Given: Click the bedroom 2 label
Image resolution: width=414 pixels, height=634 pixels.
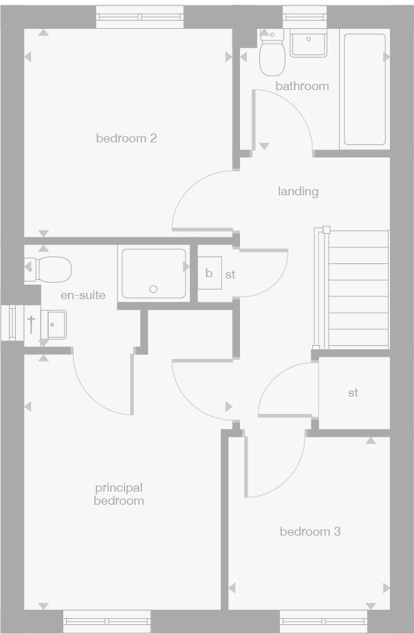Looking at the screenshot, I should point(126,138).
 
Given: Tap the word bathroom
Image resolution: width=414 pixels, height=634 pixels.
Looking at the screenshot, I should point(302,86).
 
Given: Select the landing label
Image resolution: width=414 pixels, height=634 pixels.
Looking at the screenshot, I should point(298,191).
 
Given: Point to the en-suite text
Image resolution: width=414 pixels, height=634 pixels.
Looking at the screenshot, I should point(83,295).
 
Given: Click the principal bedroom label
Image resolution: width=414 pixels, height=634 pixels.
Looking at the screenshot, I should point(119,494).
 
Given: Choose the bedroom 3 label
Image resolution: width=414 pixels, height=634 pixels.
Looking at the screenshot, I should point(310,532).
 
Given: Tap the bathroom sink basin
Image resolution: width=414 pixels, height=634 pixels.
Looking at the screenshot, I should point(309,43).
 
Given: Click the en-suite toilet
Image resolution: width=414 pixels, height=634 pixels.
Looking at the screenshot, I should point(52,269).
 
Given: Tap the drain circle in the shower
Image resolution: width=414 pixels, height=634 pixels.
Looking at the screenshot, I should point(154,289).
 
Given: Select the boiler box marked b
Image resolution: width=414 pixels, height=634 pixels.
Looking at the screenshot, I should point(209,273).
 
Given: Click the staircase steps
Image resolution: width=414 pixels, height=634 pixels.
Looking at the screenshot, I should point(358,289).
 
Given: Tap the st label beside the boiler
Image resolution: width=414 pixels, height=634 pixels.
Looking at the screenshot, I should point(230,274).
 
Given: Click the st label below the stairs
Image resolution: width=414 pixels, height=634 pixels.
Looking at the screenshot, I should point(353,393).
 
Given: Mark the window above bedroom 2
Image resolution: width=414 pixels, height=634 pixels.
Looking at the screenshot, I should point(140,17).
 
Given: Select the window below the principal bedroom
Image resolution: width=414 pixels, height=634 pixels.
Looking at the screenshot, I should point(107,622).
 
